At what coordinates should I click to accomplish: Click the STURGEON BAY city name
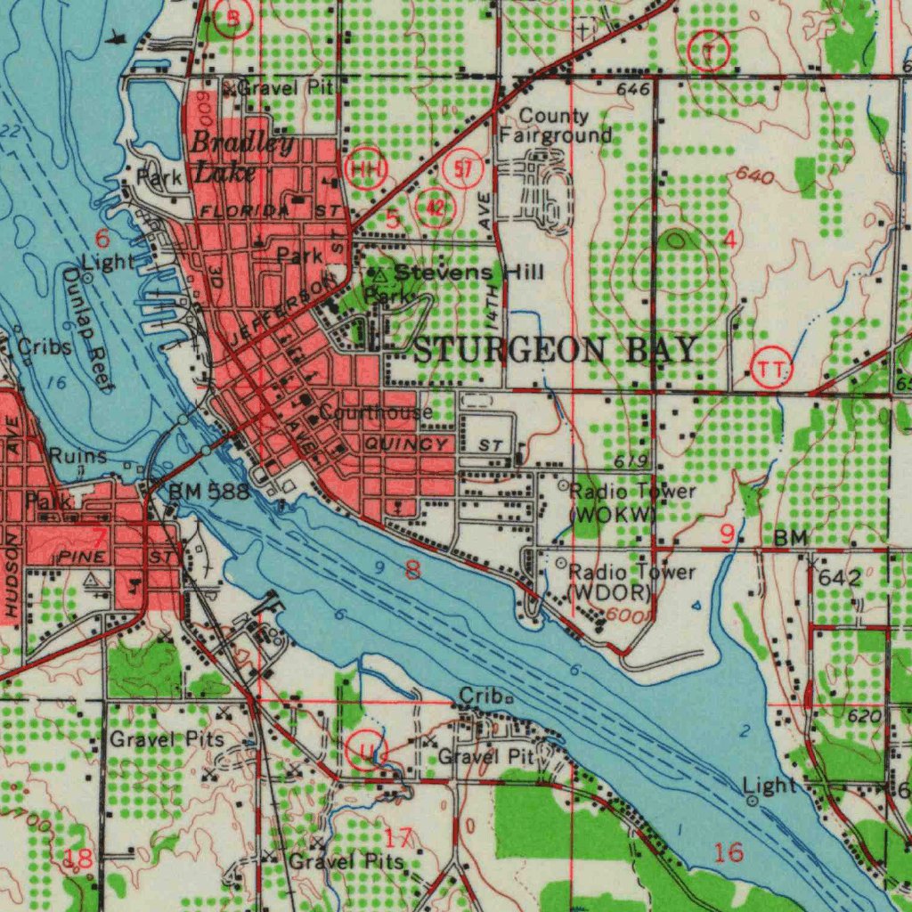[555, 350]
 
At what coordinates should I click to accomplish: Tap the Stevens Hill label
[468, 272]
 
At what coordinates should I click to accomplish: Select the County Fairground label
[554, 126]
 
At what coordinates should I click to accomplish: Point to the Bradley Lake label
[230, 157]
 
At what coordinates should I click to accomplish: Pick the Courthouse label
[376, 412]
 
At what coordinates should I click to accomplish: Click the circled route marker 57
[468, 169]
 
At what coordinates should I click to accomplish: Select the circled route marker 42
[436, 206]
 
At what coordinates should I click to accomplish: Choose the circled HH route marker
[369, 167]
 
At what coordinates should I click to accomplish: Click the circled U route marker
[365, 751]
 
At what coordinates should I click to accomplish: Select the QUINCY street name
[406, 444]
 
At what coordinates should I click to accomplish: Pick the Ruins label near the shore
[77, 456]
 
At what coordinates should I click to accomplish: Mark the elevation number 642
[839, 578]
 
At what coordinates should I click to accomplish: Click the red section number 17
[400, 838]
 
